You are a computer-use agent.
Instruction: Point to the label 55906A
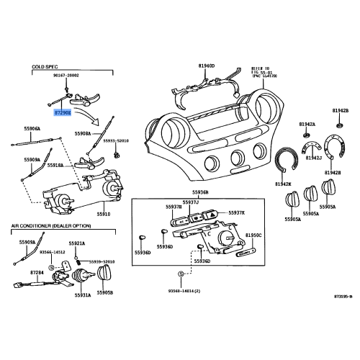(32, 129)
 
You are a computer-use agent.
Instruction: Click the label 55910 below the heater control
(104, 214)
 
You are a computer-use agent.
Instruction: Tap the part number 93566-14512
(53, 252)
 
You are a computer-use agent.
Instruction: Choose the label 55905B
(106, 294)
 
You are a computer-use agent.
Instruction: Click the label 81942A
(311, 124)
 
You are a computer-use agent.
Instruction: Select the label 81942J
(314, 157)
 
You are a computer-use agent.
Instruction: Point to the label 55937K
(237, 212)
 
